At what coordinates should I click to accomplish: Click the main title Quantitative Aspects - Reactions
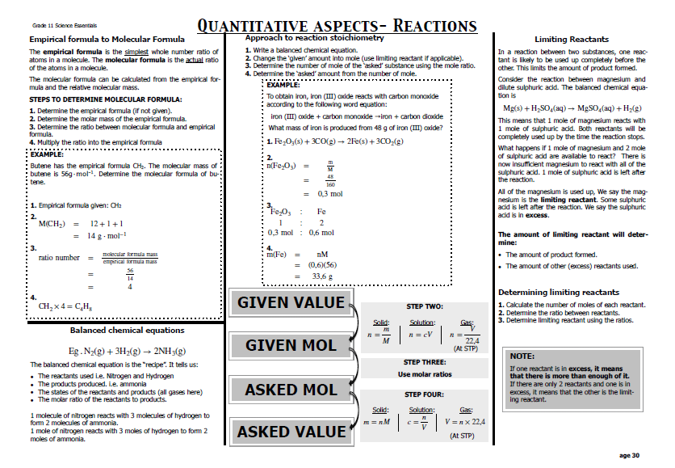click(337, 26)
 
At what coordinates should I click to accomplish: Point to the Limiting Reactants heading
click(572, 39)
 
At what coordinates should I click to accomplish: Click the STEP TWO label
click(424, 306)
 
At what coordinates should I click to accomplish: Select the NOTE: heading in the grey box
click(522, 356)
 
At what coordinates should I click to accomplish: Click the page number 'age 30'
click(629, 455)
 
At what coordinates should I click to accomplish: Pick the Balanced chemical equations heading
click(127, 330)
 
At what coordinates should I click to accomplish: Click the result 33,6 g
click(324, 276)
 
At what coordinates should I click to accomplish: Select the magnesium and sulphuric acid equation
click(572, 108)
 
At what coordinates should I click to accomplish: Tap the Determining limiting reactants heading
click(559, 292)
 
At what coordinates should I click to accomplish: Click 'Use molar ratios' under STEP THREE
click(424, 374)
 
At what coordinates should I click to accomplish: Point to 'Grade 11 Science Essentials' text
click(52, 27)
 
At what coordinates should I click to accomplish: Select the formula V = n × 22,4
click(465, 422)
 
